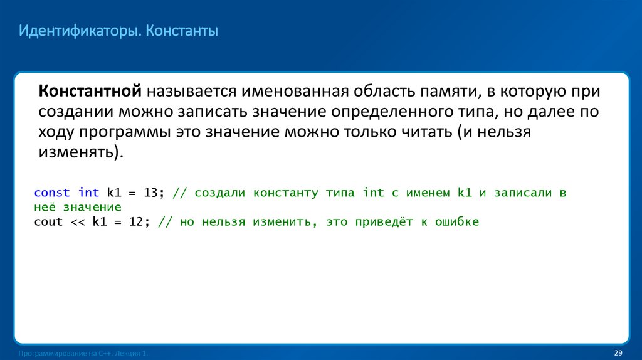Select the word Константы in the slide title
click(182, 30)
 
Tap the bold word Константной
click(91, 92)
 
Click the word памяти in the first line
click(442, 92)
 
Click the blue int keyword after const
click(89, 193)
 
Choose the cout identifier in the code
click(48, 222)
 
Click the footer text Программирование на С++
click(63, 354)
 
